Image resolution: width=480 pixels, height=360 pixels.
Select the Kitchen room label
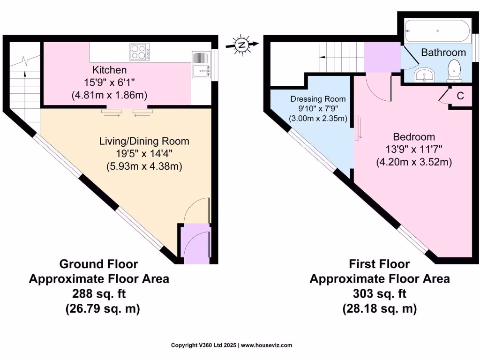point(109,70)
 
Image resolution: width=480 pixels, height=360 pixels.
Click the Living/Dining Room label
point(144,141)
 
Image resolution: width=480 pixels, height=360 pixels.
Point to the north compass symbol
point(242,45)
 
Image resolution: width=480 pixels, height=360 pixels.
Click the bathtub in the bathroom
point(436,32)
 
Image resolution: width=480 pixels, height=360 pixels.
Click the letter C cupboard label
point(460,96)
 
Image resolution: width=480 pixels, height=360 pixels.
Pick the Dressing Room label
point(318,99)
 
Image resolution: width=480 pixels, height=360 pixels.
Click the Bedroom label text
point(413,137)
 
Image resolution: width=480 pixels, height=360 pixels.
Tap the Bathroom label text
point(443,52)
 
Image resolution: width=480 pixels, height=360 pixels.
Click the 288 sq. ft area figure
point(99,294)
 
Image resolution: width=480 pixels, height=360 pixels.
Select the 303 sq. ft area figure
point(379,294)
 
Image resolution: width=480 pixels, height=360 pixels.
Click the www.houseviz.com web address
point(267,345)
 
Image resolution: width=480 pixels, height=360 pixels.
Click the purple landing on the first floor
point(382,57)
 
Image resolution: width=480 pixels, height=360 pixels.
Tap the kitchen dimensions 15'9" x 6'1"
point(109,82)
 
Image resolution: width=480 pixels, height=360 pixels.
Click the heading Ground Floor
point(99,264)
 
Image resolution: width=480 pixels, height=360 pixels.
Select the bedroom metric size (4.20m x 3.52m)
point(413,162)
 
